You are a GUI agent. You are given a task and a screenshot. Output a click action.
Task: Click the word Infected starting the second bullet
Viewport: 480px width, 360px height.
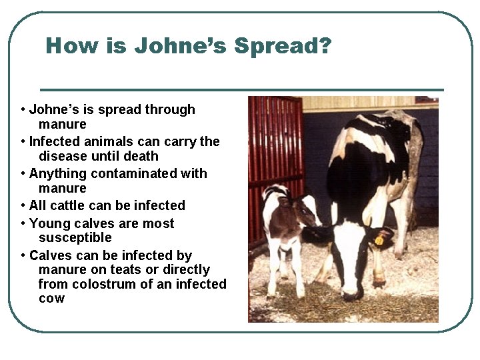pyautogui.click(x=55, y=141)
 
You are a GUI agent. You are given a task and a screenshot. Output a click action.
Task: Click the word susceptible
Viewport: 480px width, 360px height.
pyautogui.click(x=75, y=237)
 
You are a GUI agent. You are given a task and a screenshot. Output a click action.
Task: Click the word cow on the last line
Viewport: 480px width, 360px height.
pyautogui.click(x=51, y=298)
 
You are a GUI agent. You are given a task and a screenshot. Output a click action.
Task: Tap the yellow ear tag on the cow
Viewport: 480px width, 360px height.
pyautogui.click(x=379, y=239)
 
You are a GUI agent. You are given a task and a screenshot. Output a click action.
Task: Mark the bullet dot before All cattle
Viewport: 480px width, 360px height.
pyautogui.click(x=23, y=206)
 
